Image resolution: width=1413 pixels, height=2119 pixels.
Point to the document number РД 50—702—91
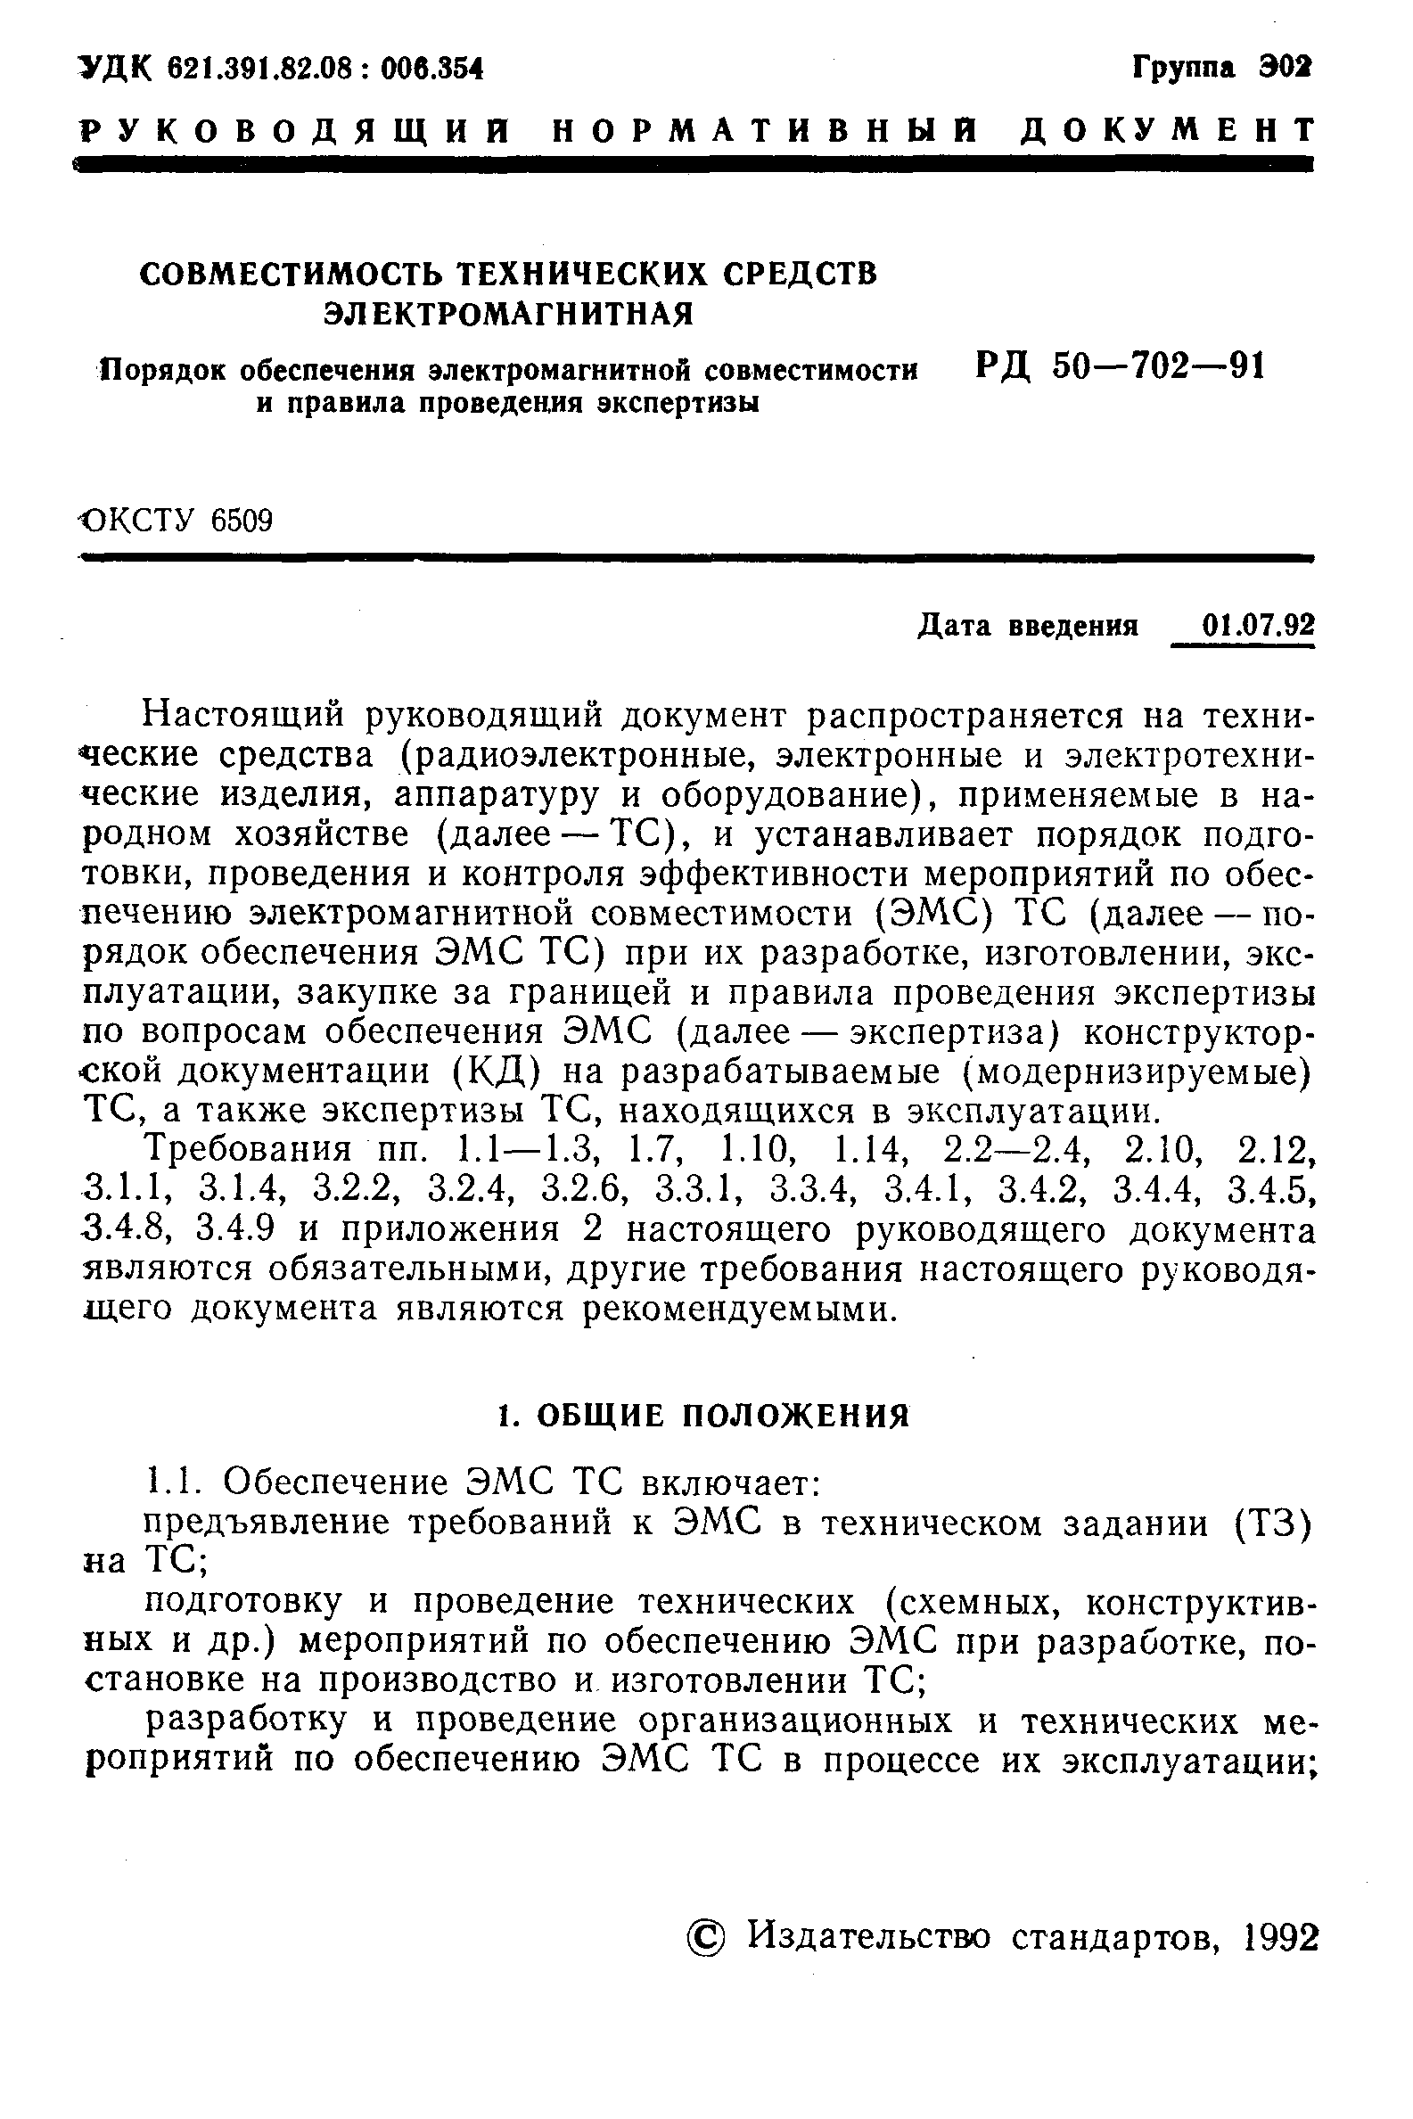(1120, 366)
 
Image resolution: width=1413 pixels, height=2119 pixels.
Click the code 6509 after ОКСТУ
(242, 521)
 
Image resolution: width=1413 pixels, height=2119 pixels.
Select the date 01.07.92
(1258, 625)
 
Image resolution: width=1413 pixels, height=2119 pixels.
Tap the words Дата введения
(1028, 625)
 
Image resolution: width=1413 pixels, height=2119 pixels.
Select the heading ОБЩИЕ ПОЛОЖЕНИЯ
(724, 1417)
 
